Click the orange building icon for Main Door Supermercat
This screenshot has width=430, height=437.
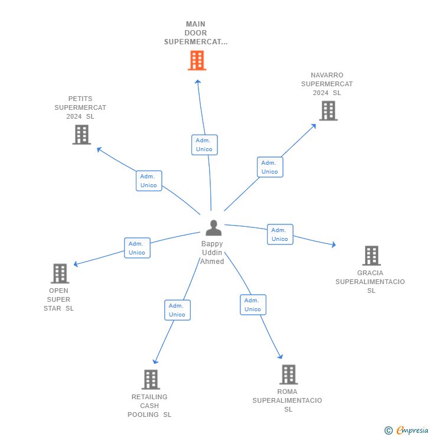197,60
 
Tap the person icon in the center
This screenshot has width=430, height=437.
213,228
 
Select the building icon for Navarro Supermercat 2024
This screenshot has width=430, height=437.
328,110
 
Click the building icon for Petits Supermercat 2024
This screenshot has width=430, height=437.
81,135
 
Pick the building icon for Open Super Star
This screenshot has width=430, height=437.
60,273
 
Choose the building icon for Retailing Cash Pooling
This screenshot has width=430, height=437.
151,379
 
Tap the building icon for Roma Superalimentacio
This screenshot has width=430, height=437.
288,374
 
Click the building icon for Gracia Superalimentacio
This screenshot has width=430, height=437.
371,256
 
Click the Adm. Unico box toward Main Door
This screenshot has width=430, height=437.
204,145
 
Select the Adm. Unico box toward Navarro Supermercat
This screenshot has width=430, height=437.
270,167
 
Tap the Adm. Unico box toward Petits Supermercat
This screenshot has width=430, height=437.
148,181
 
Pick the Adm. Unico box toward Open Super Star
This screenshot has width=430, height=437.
137,248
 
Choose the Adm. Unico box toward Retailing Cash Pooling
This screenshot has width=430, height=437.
177,310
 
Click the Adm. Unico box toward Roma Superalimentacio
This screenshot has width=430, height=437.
253,305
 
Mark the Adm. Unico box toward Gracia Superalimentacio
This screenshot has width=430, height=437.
280,234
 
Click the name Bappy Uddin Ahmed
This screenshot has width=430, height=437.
212,253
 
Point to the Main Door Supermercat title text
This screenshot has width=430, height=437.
196,33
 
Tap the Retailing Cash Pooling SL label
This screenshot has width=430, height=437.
149,406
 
